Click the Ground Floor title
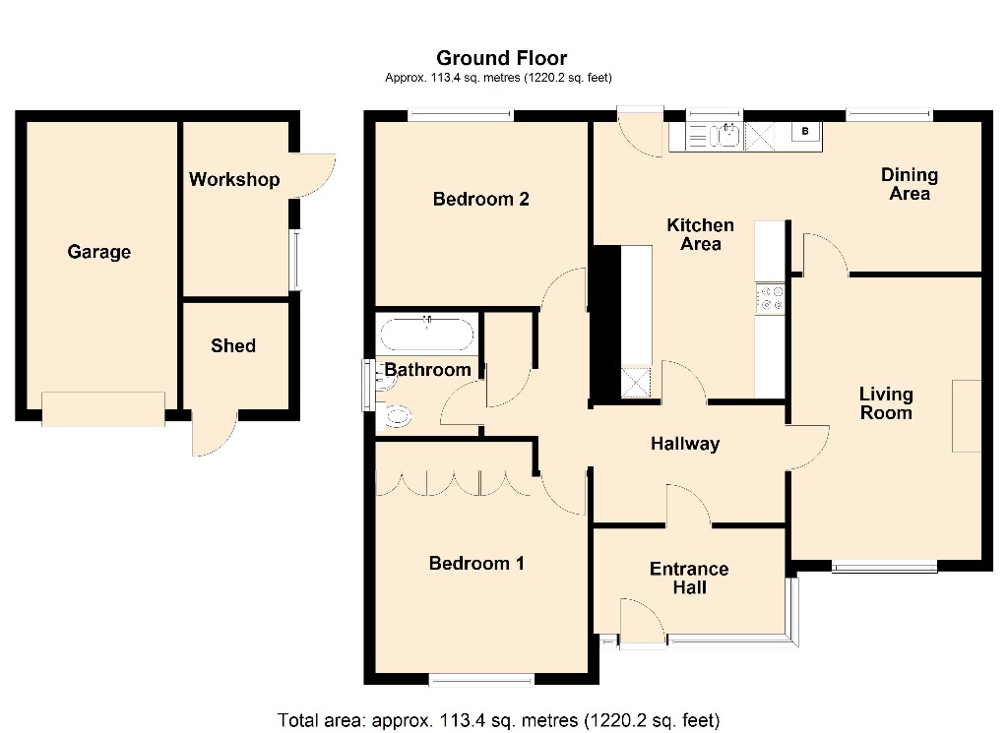pyautogui.click(x=501, y=58)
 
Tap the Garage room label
pyautogui.click(x=99, y=251)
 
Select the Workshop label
pyautogui.click(x=234, y=179)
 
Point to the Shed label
pyautogui.click(x=233, y=345)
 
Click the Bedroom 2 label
pyautogui.click(x=480, y=199)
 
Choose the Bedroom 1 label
pyautogui.click(x=476, y=564)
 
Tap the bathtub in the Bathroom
pyautogui.click(x=427, y=335)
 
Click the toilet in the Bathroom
pyautogui.click(x=395, y=416)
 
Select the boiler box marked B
pyautogui.click(x=805, y=132)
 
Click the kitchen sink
pyautogui.click(x=728, y=135)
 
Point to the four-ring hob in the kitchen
pyautogui.click(x=770, y=298)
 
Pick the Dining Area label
pyautogui.click(x=909, y=184)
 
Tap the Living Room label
pyautogui.click(x=886, y=402)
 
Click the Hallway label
pyautogui.click(x=685, y=444)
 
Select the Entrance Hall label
pyautogui.click(x=689, y=578)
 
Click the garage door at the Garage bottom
pyautogui.click(x=103, y=409)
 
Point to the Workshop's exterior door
pyautogui.click(x=312, y=175)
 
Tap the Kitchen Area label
pyautogui.click(x=700, y=234)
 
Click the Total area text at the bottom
pyautogui.click(x=498, y=720)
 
